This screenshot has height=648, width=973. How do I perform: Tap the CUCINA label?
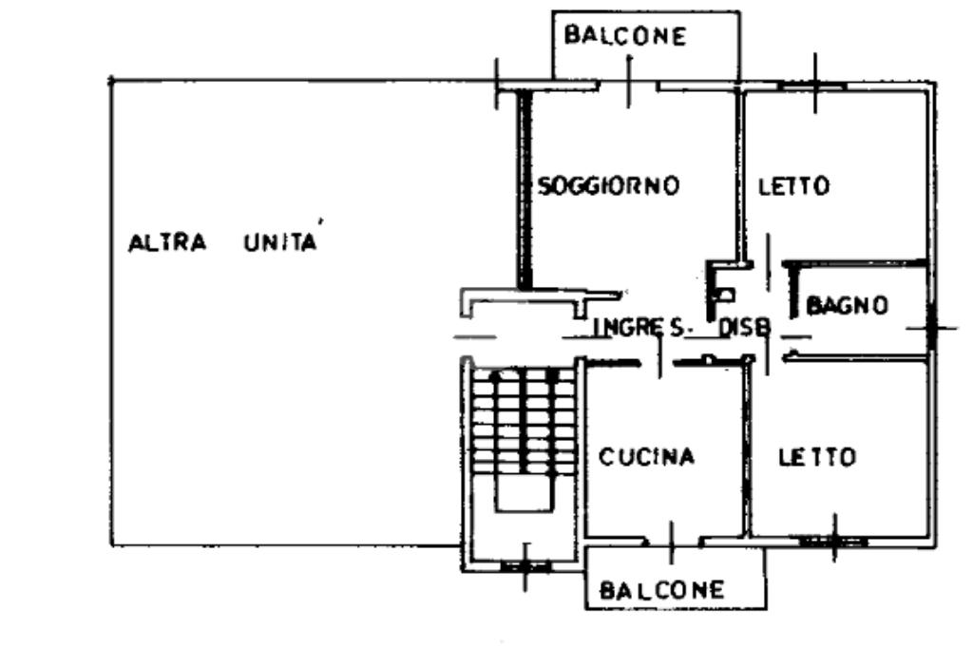point(646,457)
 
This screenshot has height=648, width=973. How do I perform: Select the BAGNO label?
point(848,305)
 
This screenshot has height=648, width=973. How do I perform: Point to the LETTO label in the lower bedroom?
point(817,457)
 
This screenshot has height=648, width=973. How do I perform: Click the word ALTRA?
point(167,242)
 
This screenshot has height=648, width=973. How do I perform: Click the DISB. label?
point(744,328)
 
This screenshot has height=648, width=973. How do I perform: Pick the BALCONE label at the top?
point(624,36)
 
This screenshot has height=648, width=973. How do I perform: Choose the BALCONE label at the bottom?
point(662,590)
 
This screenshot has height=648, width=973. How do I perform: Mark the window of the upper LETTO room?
point(812,86)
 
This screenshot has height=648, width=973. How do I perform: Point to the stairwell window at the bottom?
point(525,566)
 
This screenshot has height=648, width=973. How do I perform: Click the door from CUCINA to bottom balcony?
point(672,542)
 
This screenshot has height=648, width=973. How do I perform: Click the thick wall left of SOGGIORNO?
point(524,190)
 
